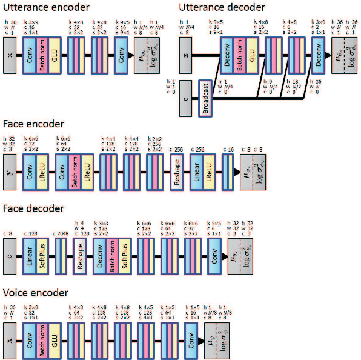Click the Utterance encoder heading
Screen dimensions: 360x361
pos(45,7)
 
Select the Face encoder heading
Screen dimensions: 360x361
pos(33,124)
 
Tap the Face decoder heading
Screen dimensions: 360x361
pos(33,208)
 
